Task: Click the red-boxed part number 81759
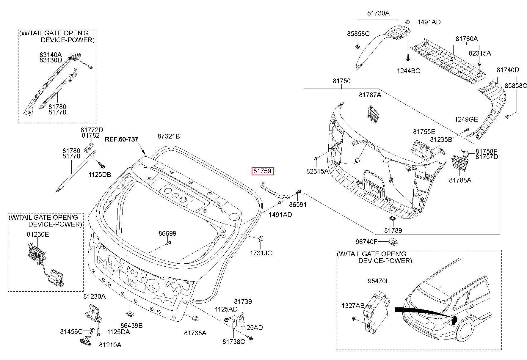click(x=262, y=171)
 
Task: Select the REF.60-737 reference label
click(x=121, y=139)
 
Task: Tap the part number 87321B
click(x=169, y=136)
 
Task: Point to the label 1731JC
click(x=261, y=253)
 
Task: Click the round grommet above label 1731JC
click(x=261, y=238)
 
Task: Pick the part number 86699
click(x=167, y=233)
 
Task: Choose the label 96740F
click(x=366, y=241)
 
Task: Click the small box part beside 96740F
click(x=393, y=241)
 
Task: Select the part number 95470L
click(x=378, y=281)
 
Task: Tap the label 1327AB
click(x=353, y=306)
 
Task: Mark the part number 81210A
click(x=110, y=345)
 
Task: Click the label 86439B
click(x=131, y=326)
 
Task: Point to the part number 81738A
click(x=195, y=333)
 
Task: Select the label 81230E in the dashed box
click(x=38, y=234)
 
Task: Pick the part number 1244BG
click(x=408, y=71)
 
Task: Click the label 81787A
click(x=370, y=95)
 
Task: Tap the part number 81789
click(x=393, y=230)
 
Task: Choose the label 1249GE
click(x=466, y=119)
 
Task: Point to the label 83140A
click(x=51, y=55)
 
